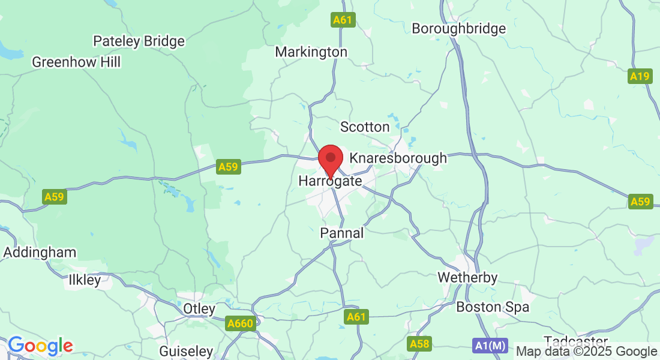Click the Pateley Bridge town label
[x=139, y=41]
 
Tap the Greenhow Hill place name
[x=76, y=62]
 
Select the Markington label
[x=311, y=52]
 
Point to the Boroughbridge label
[x=459, y=28]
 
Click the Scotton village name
[x=365, y=127]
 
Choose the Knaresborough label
[x=398, y=158]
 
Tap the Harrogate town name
[x=330, y=181]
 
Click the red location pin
[x=330, y=160]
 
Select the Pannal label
[x=342, y=233]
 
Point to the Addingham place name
[x=40, y=253]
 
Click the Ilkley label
[x=85, y=280]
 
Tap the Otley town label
[x=199, y=309]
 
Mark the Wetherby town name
[x=467, y=278]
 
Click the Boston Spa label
[x=493, y=307]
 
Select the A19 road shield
[x=640, y=76]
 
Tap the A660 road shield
[x=241, y=324]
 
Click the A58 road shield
[x=419, y=344]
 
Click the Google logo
[x=40, y=346]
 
